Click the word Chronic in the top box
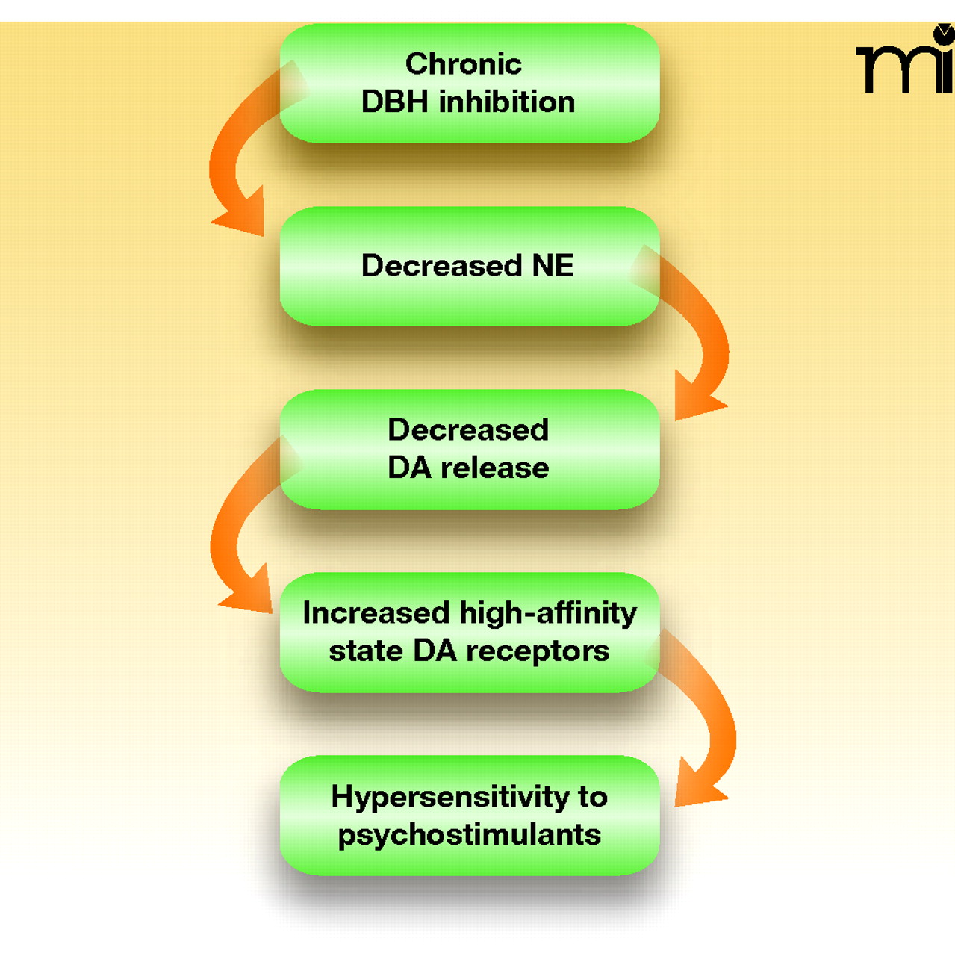click(463, 64)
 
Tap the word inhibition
click(507, 102)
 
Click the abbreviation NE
click(553, 266)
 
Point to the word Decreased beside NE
click(441, 266)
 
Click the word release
click(494, 468)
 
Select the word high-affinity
click(548, 613)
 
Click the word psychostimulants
click(469, 835)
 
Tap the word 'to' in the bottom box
click(593, 797)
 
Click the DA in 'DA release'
click(409, 468)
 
